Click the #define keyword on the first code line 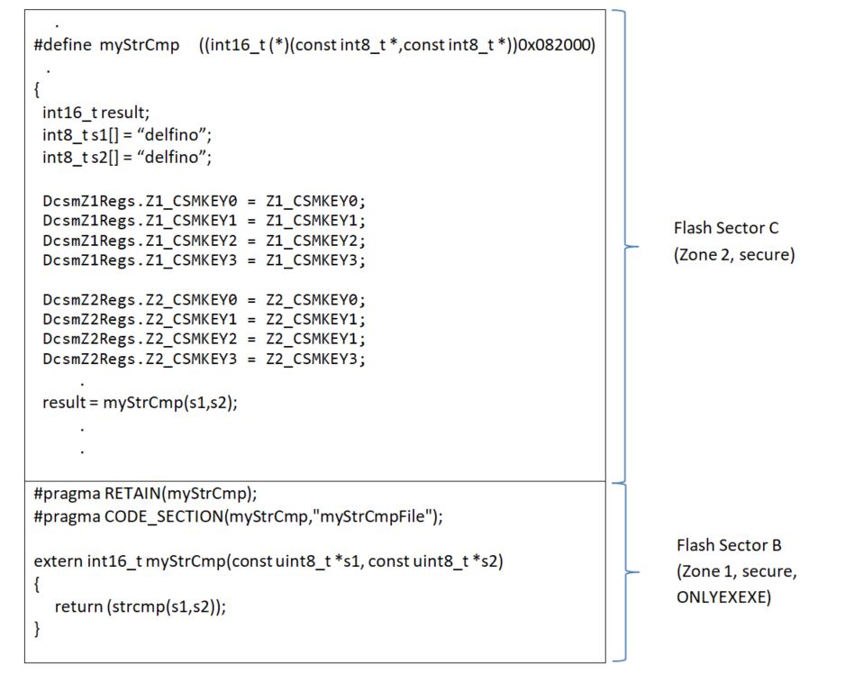point(62,47)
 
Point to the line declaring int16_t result point(90,113)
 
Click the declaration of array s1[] point(126,135)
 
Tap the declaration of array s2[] point(126,158)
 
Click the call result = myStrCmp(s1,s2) point(140,402)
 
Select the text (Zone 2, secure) point(734,255)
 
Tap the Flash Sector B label point(729,545)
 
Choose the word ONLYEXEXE point(723,597)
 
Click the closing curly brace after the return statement point(38,629)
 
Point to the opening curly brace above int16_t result point(37,90)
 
